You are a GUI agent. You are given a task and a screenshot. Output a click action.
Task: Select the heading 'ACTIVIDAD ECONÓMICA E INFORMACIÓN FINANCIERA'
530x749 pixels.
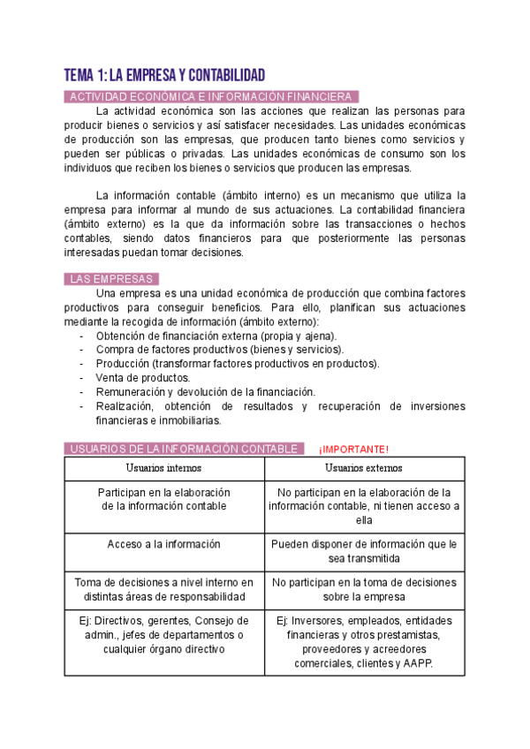211,96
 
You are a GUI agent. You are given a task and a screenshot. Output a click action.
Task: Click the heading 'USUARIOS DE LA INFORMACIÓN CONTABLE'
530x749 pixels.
184,449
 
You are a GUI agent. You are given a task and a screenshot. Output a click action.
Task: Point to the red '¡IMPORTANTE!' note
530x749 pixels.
352,450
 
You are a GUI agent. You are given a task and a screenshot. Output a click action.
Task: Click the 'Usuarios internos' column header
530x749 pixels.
163,468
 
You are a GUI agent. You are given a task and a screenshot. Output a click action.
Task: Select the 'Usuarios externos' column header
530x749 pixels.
364,468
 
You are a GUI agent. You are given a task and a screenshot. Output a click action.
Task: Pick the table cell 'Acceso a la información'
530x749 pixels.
163,545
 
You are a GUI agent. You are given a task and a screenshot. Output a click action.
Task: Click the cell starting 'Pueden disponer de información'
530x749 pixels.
364,552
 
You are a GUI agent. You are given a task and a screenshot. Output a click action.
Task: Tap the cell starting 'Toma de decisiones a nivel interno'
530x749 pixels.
163,589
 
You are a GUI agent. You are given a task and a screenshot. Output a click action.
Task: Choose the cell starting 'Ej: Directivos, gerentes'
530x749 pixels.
163,634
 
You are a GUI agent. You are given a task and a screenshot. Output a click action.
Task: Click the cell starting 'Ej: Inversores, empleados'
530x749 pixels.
364,641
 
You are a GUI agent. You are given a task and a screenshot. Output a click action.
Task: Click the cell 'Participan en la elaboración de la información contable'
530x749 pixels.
163,499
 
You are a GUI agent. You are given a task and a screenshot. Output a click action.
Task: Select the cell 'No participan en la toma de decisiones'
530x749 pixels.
364,589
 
